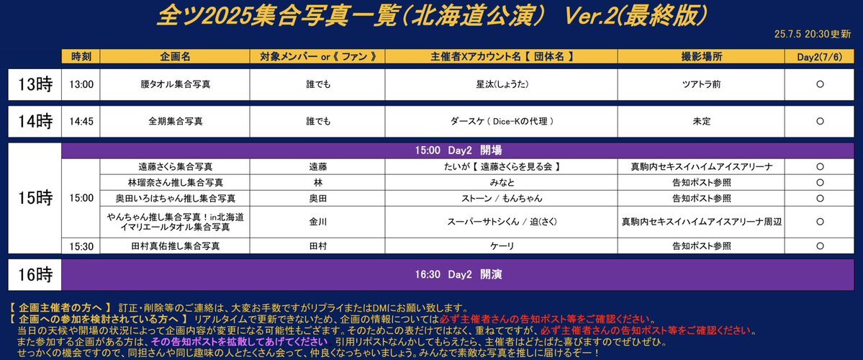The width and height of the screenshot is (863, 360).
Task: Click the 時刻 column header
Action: tap(81, 56)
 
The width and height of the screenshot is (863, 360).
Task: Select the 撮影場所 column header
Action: tap(701, 56)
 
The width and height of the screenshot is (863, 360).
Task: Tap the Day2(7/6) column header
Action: tap(820, 56)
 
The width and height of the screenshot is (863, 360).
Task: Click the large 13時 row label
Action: tap(35, 84)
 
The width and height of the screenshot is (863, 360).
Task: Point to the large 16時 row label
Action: tap(35, 274)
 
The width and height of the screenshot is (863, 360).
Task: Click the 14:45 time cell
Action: tap(81, 122)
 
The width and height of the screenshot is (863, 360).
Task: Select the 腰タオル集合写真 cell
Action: tap(175, 84)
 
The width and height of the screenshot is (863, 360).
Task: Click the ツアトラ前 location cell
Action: tap(701, 84)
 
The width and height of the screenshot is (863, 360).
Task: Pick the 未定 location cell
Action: tap(701, 122)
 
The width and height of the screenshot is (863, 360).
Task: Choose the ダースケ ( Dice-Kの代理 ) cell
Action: tap(502, 122)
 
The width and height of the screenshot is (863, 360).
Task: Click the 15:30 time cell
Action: tap(81, 247)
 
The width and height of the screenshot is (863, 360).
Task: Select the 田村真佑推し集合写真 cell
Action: tap(175, 247)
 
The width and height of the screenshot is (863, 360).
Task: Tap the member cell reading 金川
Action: tap(317, 222)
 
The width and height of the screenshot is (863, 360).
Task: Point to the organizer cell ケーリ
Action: tap(502, 247)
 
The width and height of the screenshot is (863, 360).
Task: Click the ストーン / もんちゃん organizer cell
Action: tap(502, 198)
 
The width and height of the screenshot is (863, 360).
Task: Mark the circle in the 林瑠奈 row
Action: tap(820, 182)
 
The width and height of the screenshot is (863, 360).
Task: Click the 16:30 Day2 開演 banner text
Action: tap(458, 274)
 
